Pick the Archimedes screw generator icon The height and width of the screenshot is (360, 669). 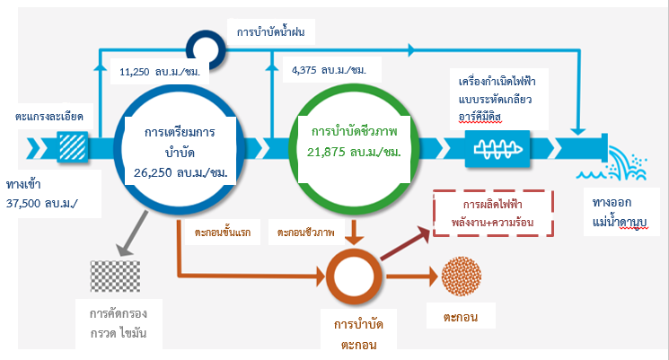pyautogui.click(x=497, y=145)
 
